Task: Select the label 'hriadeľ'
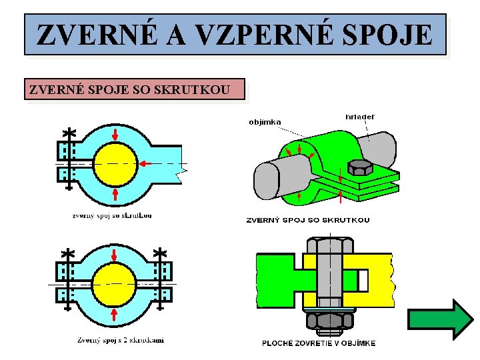(359, 117)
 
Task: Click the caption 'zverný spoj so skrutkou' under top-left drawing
(112, 215)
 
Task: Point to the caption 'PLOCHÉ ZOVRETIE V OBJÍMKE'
(318, 343)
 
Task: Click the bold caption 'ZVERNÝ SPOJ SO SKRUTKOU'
(308, 219)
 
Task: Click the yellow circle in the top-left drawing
(115, 163)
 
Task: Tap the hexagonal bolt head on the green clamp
(360, 167)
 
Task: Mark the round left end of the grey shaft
(266, 181)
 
